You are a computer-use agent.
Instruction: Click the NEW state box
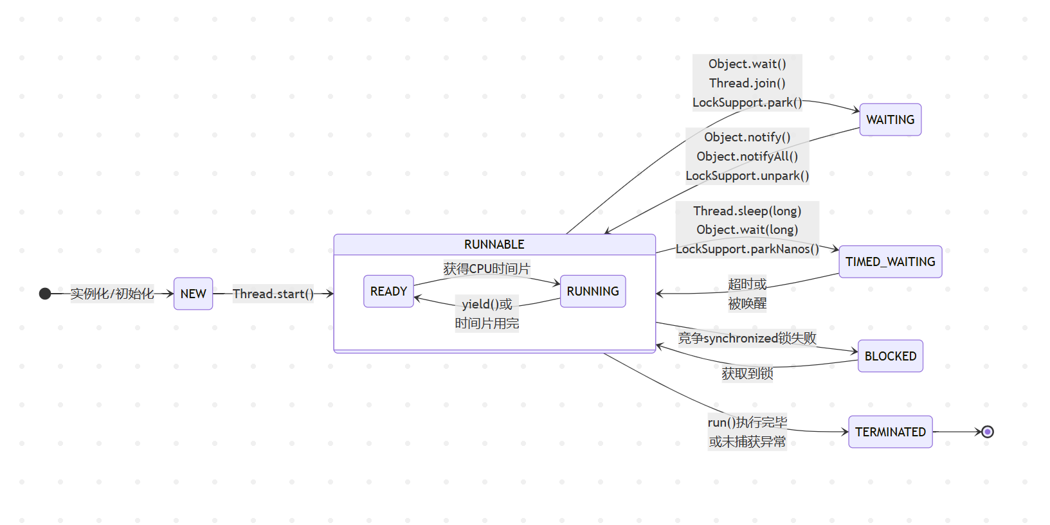(x=193, y=294)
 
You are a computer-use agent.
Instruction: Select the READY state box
(x=388, y=291)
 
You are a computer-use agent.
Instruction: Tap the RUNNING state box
(x=592, y=291)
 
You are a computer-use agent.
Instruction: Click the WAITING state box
(x=890, y=120)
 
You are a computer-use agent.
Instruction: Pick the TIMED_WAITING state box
(x=890, y=262)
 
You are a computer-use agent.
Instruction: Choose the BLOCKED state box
(x=890, y=356)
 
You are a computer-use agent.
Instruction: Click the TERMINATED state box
(x=890, y=432)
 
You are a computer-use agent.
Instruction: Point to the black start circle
(x=45, y=294)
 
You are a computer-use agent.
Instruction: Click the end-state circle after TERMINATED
(x=988, y=432)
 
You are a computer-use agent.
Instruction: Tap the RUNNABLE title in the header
(x=494, y=244)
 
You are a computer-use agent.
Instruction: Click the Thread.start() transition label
(x=273, y=294)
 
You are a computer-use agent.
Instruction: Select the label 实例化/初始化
(x=112, y=294)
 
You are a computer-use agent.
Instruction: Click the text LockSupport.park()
(x=747, y=102)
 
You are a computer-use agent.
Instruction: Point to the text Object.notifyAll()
(x=747, y=156)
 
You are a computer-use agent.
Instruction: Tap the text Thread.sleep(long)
(x=747, y=211)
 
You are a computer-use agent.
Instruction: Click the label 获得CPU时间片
(x=486, y=269)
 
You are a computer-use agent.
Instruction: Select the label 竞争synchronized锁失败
(x=747, y=338)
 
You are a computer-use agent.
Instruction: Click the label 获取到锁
(x=747, y=373)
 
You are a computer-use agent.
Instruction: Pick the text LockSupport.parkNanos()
(x=747, y=249)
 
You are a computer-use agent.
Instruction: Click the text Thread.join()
(x=747, y=83)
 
